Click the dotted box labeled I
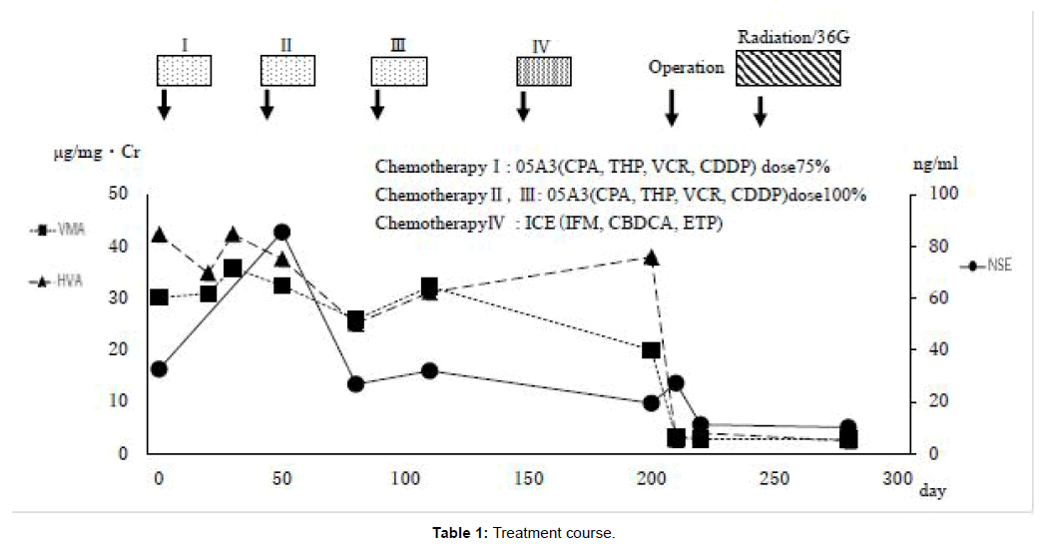(x=184, y=71)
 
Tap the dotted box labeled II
(x=287, y=71)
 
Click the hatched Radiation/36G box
(x=787, y=69)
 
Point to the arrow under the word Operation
(x=672, y=107)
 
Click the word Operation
(x=686, y=68)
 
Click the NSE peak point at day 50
(x=281, y=232)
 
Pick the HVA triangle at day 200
(x=651, y=258)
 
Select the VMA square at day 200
(x=651, y=350)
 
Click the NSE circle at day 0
(x=158, y=369)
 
